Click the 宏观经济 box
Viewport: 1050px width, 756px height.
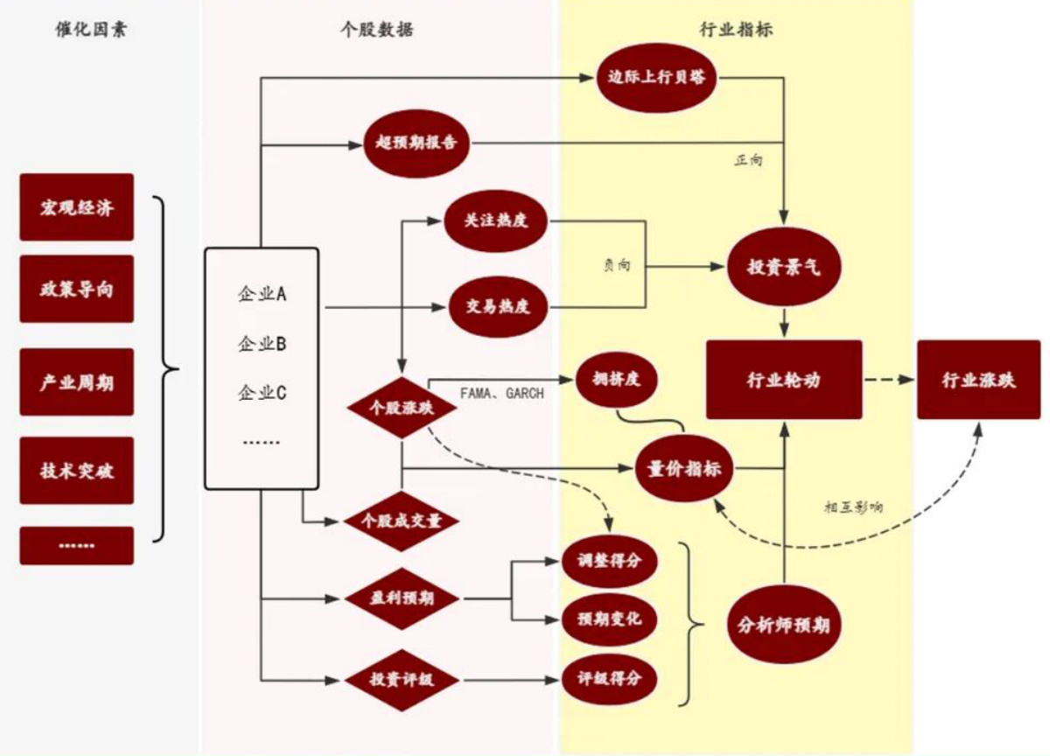pyautogui.click(x=76, y=207)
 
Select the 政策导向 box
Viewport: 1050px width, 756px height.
pyautogui.click(x=76, y=289)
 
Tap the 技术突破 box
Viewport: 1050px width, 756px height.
pyautogui.click(x=76, y=471)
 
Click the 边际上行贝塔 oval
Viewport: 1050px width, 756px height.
pyautogui.click(x=657, y=76)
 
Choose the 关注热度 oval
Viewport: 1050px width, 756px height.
pyautogui.click(x=497, y=220)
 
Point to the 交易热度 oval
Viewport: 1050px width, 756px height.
pyautogui.click(x=497, y=307)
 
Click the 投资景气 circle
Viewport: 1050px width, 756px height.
pyautogui.click(x=784, y=269)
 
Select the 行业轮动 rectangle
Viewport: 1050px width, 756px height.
pyautogui.click(x=784, y=380)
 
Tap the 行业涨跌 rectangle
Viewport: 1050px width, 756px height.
pyautogui.click(x=978, y=380)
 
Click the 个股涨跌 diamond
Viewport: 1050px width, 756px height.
pyautogui.click(x=402, y=407)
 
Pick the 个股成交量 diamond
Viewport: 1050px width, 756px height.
pyautogui.click(x=402, y=521)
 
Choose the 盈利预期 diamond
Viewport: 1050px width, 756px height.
pyautogui.click(x=402, y=599)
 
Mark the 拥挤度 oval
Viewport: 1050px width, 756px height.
pyautogui.click(x=615, y=380)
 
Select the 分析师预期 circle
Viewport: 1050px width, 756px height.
pyautogui.click(x=784, y=625)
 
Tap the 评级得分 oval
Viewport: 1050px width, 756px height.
pyautogui.click(x=609, y=678)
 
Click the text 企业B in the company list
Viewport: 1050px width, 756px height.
pyautogui.click(x=262, y=344)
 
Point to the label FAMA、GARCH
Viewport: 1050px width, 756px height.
pyautogui.click(x=501, y=394)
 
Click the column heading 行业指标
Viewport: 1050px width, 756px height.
pyautogui.click(x=736, y=31)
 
